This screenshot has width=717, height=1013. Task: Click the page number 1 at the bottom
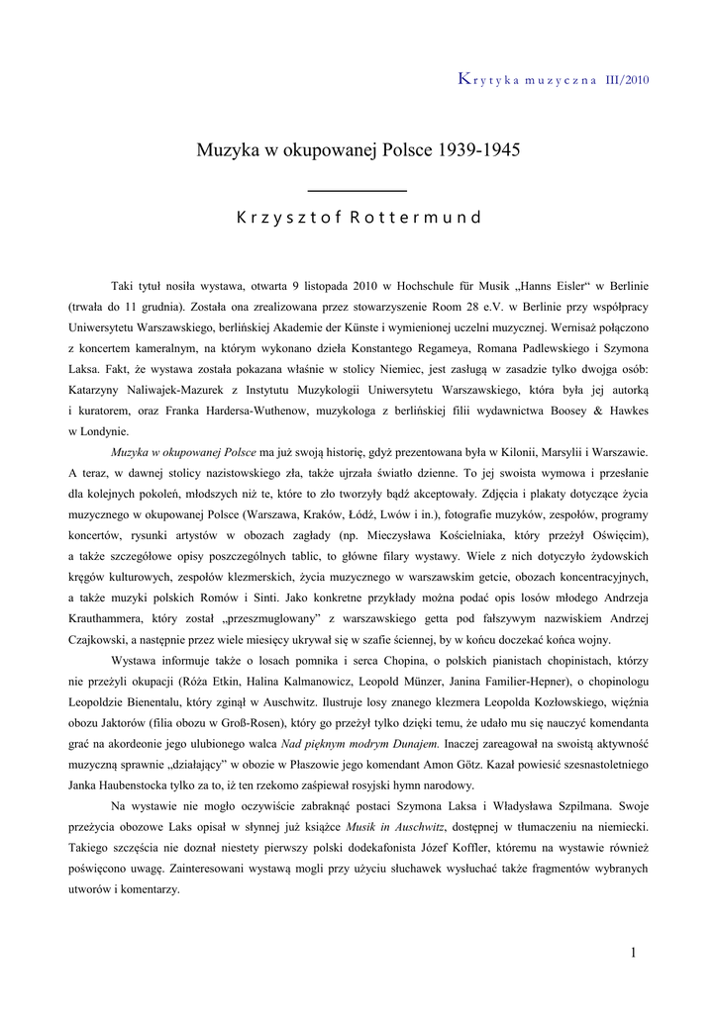tap(633, 952)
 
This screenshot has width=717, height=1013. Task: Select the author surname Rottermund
tap(415, 218)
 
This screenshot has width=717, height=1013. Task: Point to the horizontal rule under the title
tap(358, 189)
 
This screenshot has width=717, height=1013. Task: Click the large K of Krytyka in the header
tap(463, 79)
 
